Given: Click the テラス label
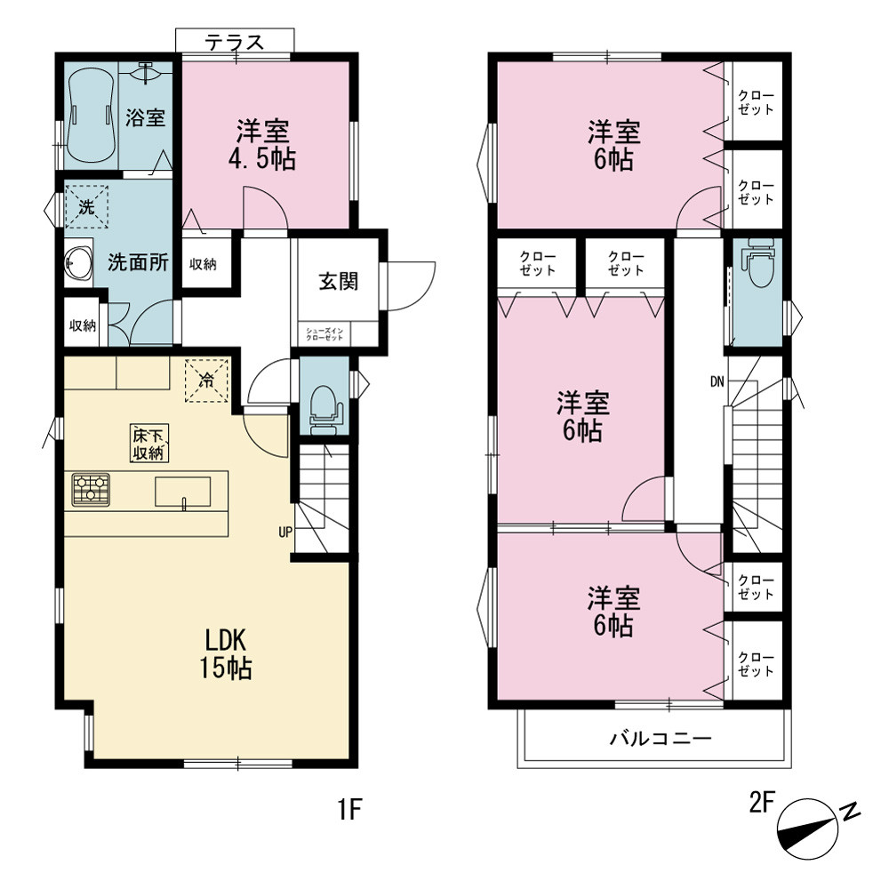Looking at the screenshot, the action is [x=235, y=42].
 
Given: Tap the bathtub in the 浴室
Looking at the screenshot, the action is [x=92, y=116].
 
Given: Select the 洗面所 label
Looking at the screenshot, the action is [x=138, y=262].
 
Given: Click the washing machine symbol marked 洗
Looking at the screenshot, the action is [x=87, y=206].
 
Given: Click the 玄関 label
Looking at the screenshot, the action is [x=339, y=281].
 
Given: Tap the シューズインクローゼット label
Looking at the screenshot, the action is [x=324, y=334].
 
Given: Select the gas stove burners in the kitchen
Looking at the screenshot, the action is [x=91, y=490].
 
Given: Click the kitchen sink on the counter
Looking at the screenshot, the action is [x=182, y=492].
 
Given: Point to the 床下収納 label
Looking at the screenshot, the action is [x=149, y=444].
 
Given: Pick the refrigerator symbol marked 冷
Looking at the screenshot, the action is [x=206, y=380].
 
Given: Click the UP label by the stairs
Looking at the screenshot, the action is [x=285, y=532].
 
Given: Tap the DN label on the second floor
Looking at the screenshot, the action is [x=717, y=382].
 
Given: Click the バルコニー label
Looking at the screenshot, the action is [x=661, y=738].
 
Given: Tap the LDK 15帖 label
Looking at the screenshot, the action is [x=226, y=654].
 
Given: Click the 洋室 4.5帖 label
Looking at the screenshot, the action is [x=262, y=145].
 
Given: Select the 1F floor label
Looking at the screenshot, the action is [x=349, y=808].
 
